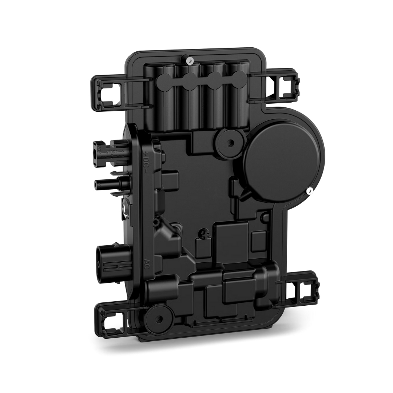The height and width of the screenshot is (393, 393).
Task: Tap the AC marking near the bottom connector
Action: click(147, 263)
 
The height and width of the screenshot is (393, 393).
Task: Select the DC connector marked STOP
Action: click(109, 150)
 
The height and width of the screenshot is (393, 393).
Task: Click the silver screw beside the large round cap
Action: click(309, 190)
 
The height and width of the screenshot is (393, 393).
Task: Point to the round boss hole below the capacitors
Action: click(229, 141)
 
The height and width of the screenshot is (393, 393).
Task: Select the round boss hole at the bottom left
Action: click(159, 319)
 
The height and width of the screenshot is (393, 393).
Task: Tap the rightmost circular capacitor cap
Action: click(239, 77)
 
